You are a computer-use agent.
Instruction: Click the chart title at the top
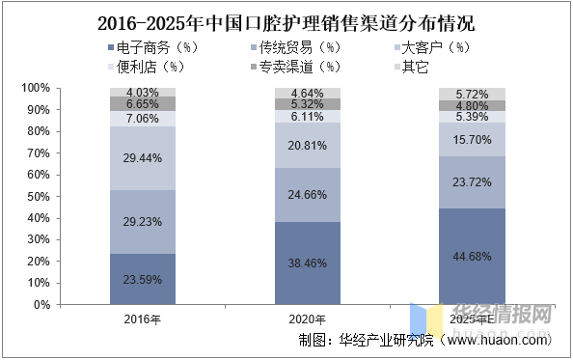pos(286,23)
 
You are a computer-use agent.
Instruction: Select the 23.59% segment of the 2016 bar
pos(143,279)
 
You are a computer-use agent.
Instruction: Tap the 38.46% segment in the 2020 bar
pos(308,263)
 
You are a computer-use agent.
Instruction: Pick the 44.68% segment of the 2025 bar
pos(472,256)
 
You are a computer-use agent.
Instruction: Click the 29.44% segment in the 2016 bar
pos(143,158)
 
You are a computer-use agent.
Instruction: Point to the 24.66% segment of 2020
pos(308,195)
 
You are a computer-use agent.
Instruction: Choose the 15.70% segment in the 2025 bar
pos(472,140)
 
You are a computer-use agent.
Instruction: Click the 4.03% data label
pos(143,93)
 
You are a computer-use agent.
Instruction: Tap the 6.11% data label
pos(308,117)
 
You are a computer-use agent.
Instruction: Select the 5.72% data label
pos(472,95)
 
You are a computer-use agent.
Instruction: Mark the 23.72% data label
pos(472,182)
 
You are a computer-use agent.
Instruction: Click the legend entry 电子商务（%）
pos(153,47)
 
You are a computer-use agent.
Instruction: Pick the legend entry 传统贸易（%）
pos(295,47)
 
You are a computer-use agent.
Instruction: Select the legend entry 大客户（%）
pos(432,47)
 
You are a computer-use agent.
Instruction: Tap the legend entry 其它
pos(412,67)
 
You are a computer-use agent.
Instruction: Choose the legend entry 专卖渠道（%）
pos(295,67)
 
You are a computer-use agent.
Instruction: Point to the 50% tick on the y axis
pos(39,197)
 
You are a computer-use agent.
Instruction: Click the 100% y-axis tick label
pos(36,88)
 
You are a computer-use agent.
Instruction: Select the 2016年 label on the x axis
pos(142,319)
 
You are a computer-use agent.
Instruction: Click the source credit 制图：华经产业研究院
pos(366,341)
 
